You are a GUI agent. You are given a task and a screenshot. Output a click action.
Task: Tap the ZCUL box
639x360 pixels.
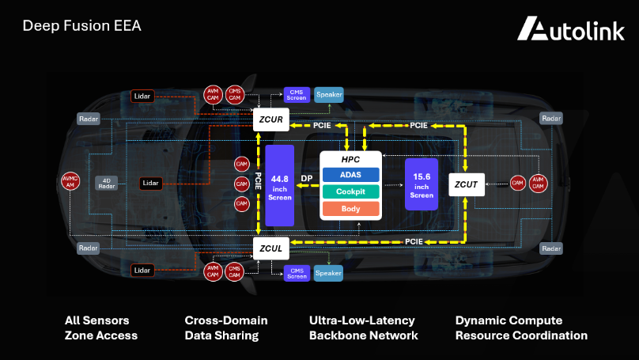tap(270, 248)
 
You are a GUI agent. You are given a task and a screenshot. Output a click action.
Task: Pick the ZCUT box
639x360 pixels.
tap(466, 184)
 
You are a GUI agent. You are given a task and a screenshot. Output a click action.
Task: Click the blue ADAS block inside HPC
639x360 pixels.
tap(350, 174)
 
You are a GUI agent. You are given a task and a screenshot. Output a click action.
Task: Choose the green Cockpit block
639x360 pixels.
tap(350, 191)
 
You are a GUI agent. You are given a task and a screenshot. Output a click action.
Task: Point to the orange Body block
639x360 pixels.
tap(350, 209)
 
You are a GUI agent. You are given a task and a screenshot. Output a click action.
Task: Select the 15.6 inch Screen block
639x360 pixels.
tap(421, 184)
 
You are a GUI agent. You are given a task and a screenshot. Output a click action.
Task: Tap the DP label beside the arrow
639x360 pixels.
tap(306, 179)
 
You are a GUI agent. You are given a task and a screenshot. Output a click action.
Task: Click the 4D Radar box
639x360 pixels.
tap(108, 183)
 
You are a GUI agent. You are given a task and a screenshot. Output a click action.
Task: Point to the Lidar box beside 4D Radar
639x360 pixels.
tap(150, 183)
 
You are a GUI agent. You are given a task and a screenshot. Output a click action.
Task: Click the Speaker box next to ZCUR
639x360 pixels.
tap(329, 95)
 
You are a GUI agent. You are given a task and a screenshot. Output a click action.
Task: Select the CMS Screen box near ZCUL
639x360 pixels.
tap(297, 274)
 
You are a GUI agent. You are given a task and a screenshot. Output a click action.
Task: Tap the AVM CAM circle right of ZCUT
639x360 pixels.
tap(538, 183)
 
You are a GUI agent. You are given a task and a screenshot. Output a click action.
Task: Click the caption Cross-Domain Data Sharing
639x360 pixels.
tap(226, 328)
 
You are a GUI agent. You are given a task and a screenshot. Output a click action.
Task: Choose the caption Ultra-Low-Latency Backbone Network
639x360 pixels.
tap(363, 328)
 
